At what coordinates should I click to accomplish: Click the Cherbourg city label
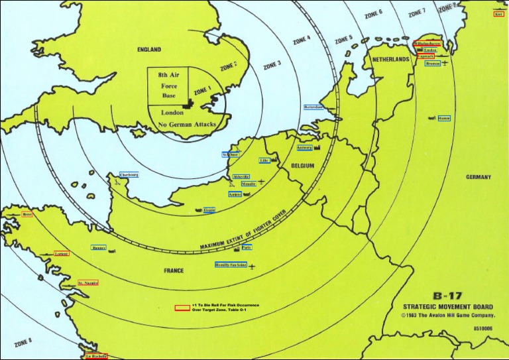point(129,174)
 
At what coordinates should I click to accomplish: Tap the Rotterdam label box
point(313,107)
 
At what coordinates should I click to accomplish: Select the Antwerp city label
point(304,148)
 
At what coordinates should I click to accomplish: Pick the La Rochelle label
point(96,356)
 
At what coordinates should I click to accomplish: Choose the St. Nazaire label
point(88,283)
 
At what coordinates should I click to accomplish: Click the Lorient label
point(62,253)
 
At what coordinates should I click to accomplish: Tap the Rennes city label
point(99,248)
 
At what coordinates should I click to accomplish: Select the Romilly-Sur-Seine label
point(231,265)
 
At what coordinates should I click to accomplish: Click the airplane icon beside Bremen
point(445,63)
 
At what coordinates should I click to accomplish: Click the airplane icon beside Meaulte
point(261,182)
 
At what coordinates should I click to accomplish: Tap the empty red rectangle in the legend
point(182,308)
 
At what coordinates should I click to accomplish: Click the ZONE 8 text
point(23,343)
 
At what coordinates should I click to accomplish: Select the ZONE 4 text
point(302,41)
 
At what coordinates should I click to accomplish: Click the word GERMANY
point(479,177)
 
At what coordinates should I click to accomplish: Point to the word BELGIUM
point(301,165)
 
